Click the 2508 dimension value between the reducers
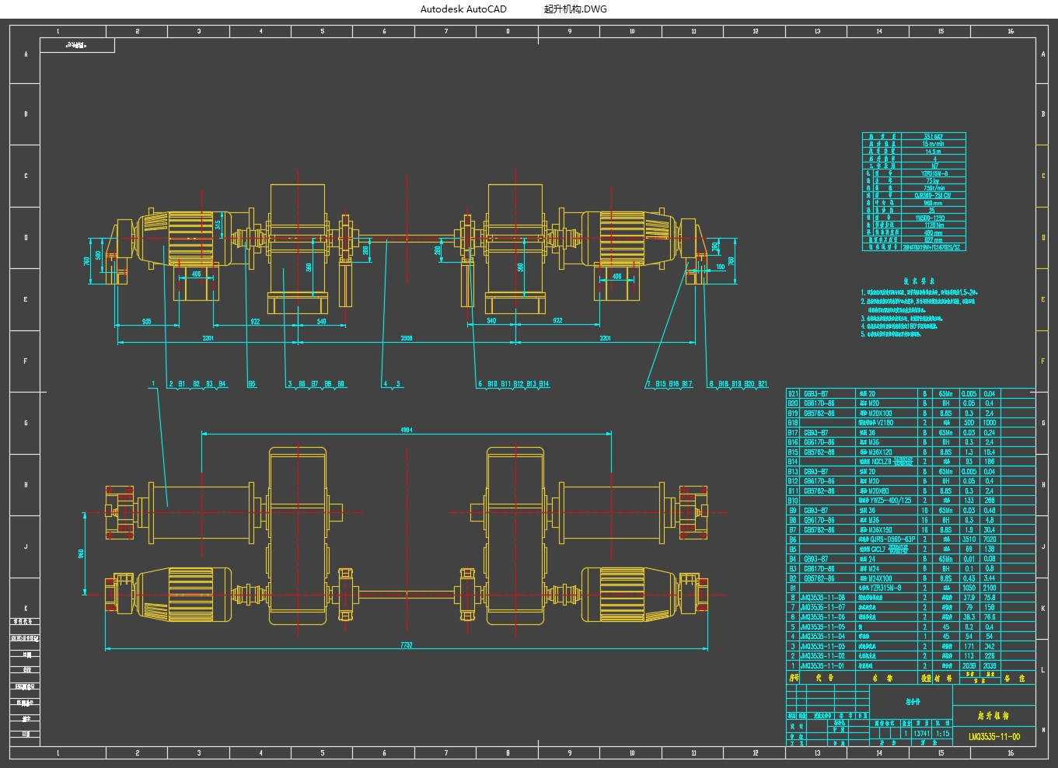click(407, 339)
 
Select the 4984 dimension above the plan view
click(407, 429)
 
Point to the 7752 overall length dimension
click(407, 644)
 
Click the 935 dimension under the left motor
click(147, 321)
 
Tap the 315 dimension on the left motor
click(218, 225)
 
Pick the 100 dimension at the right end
click(720, 267)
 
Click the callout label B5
click(252, 384)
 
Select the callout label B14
click(544, 384)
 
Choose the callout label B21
click(763, 384)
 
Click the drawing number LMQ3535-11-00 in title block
click(994, 735)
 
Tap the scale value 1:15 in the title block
click(942, 733)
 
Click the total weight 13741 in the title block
click(921, 733)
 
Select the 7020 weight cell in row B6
click(989, 539)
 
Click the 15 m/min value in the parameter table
click(932, 144)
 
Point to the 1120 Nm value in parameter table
click(934, 225)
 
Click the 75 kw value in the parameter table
click(932, 180)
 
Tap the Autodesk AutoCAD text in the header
click(463, 9)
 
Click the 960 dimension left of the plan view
click(81, 553)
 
